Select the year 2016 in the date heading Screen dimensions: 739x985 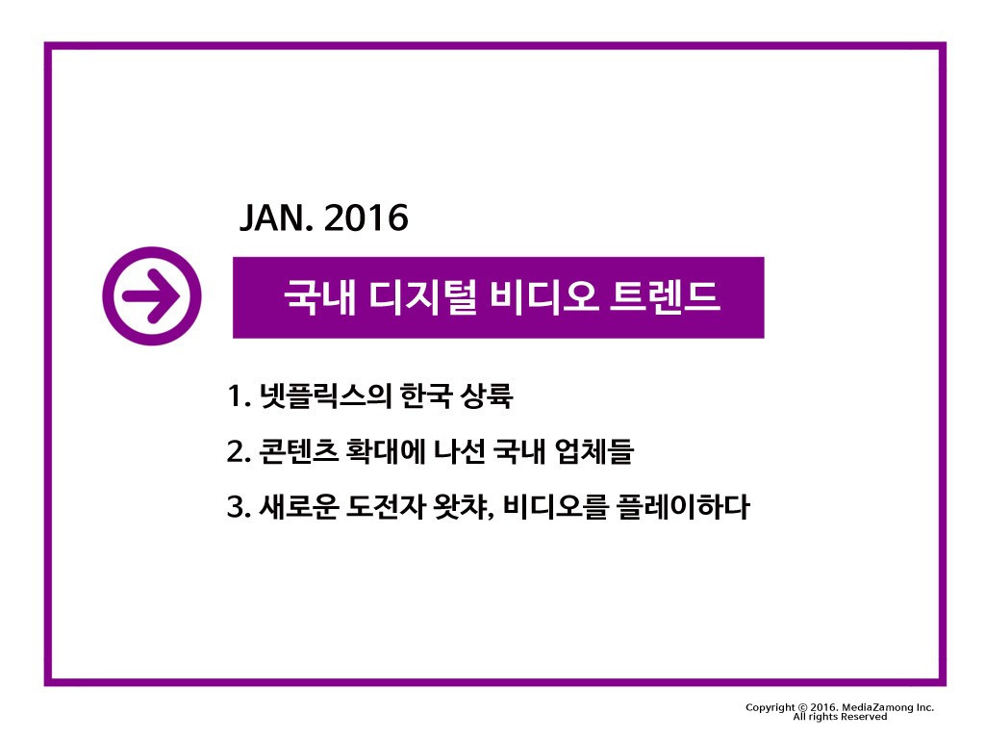tap(366, 218)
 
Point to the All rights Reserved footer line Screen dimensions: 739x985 tap(840, 717)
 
